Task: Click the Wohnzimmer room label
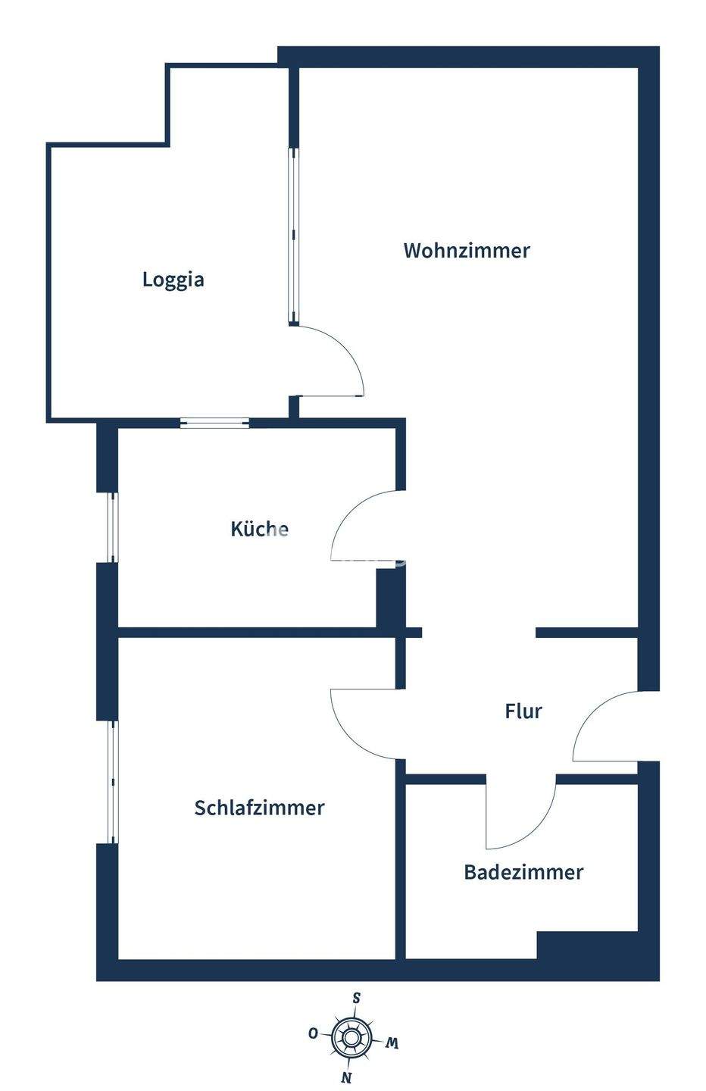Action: coord(466,251)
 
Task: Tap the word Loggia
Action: coord(173,280)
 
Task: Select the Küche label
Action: coord(259,529)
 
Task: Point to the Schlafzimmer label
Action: coord(259,808)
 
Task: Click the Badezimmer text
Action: coord(523,872)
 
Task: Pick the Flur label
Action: coord(523,711)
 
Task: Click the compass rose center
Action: coord(351,1036)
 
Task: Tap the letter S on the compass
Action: coord(356,998)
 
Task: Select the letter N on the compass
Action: coord(346,1077)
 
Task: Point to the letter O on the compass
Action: coord(312,1033)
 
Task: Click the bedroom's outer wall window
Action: coord(112,781)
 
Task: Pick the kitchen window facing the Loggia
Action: coord(214,423)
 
